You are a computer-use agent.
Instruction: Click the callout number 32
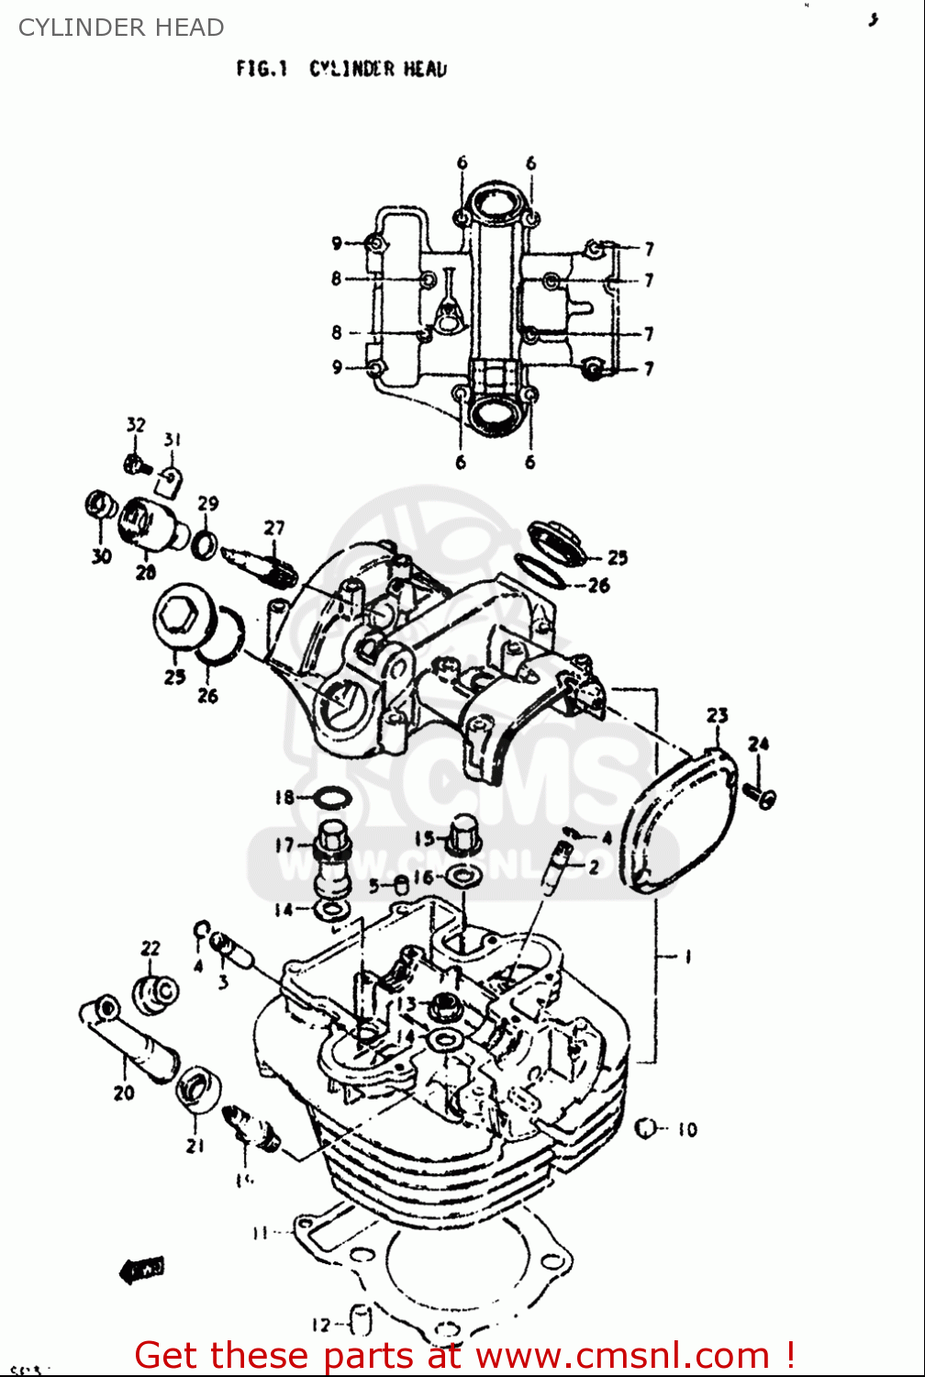click(x=136, y=424)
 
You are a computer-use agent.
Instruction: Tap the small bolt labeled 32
click(x=137, y=465)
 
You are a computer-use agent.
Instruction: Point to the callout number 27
click(x=274, y=528)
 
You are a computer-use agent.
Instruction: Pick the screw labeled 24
click(x=761, y=794)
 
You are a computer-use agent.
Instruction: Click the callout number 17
click(x=284, y=845)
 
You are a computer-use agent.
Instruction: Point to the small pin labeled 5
click(x=400, y=886)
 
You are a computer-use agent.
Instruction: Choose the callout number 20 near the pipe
click(x=124, y=1092)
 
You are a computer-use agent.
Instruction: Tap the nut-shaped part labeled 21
click(x=198, y=1090)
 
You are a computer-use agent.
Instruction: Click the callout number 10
click(x=687, y=1130)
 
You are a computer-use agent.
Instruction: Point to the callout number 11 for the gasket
click(x=260, y=1233)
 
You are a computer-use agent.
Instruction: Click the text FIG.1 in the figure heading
click(x=262, y=69)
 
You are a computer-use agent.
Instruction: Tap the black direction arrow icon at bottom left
click(x=142, y=1271)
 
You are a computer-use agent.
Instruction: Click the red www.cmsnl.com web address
click(x=624, y=1356)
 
